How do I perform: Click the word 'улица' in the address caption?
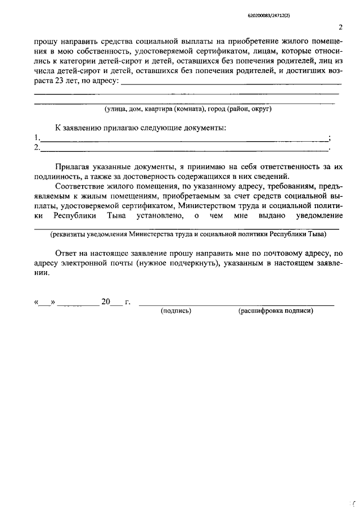click(x=116, y=109)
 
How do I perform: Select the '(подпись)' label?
click(x=176, y=310)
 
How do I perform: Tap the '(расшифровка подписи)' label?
click(x=275, y=310)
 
